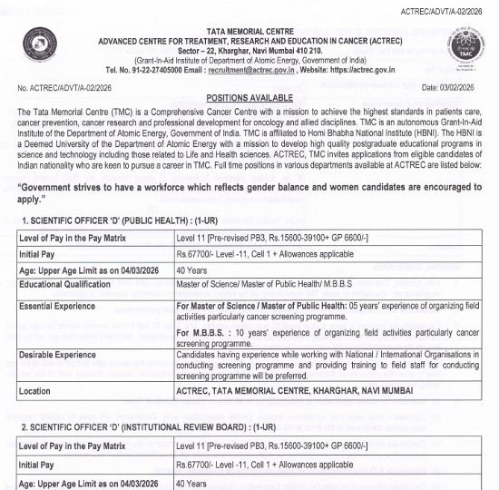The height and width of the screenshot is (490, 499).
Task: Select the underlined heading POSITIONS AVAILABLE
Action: pos(249,96)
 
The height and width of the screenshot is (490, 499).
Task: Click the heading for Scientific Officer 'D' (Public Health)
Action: pos(132,221)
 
